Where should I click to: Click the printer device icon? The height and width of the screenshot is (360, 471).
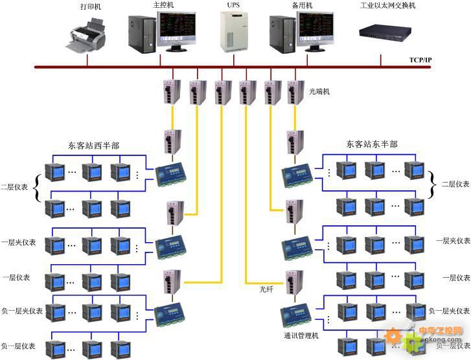87,36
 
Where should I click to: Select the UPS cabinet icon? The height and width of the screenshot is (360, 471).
234,33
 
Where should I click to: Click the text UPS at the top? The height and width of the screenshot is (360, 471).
233,5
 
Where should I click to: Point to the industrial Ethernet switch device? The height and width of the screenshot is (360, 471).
387,31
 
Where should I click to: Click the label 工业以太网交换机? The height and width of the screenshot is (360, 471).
388,6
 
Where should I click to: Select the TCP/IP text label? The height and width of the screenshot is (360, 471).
420,60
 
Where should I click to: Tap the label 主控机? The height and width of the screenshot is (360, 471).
164,5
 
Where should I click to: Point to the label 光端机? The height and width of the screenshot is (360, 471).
319,92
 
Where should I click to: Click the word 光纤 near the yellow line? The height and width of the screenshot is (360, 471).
266,289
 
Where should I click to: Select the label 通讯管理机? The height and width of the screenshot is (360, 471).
301,335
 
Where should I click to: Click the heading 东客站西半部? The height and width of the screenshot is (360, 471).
93,146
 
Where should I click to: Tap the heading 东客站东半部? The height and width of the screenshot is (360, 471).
372,144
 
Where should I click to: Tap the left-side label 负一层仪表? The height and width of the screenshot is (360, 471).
18,346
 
